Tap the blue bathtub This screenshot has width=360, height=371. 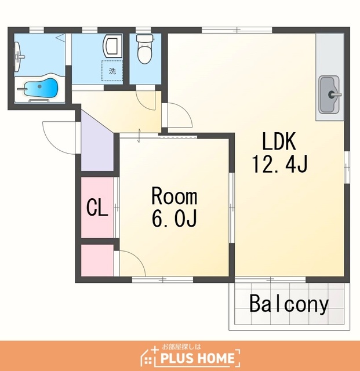tap(41, 88)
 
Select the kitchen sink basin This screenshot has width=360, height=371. tap(329, 94)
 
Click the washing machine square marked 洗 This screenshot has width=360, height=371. tap(112, 71)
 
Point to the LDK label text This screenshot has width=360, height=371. tap(279, 141)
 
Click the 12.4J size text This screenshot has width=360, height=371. tap(279, 163)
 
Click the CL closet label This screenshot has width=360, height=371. tap(97, 208)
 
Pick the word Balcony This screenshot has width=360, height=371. tap(289, 304)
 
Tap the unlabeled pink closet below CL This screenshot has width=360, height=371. tap(97, 260)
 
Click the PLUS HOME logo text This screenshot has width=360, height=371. tap(197, 358)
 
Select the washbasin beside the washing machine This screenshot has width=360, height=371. tap(112, 47)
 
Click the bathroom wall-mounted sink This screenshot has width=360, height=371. tap(20, 57)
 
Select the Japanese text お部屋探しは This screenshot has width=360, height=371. tap(181, 347)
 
